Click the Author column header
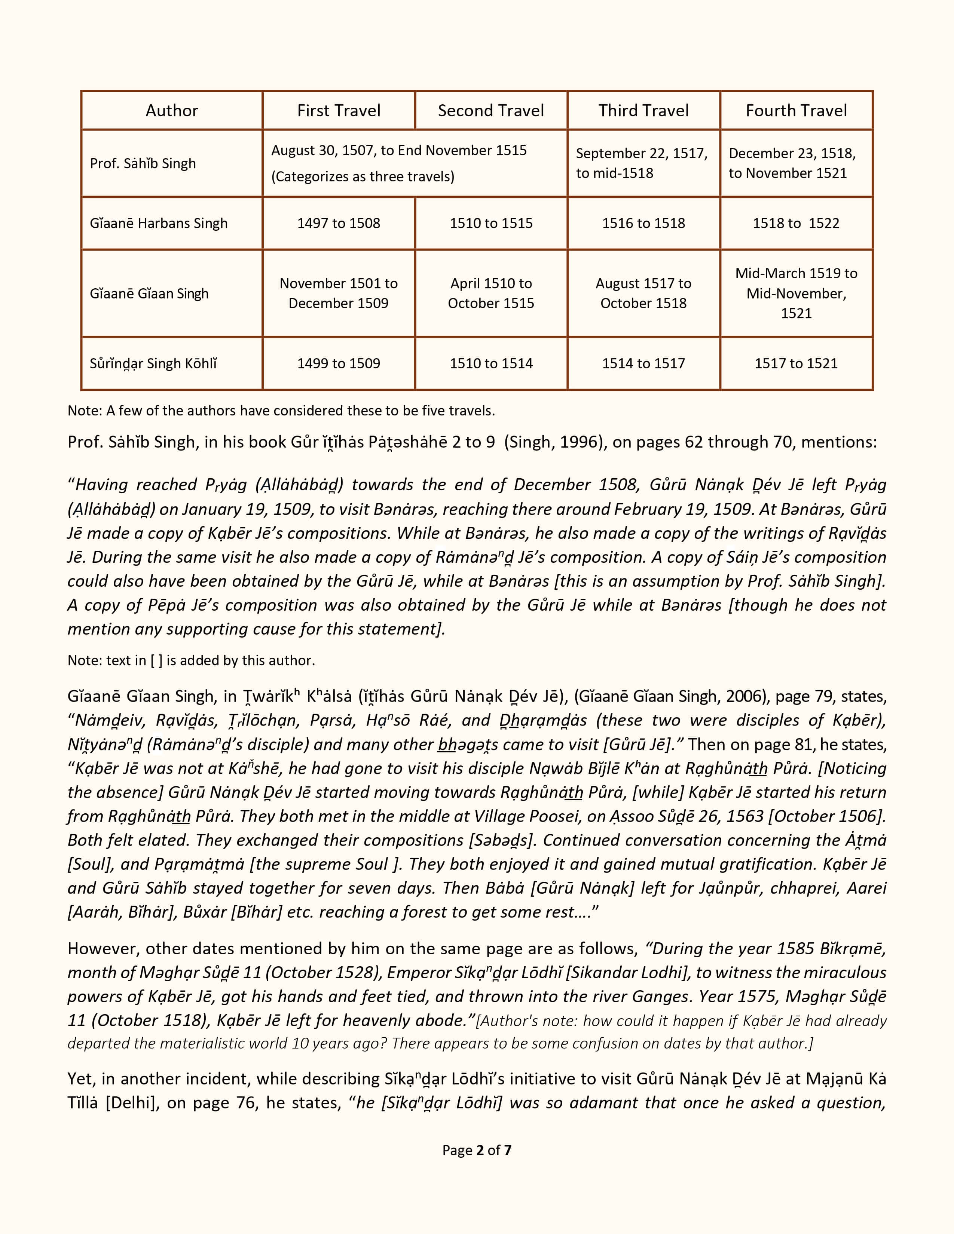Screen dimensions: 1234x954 (172, 110)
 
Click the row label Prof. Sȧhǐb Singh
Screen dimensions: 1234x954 (143, 163)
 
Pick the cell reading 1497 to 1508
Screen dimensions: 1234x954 (339, 223)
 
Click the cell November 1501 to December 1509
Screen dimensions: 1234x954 (339, 293)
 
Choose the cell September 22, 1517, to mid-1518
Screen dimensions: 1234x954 (642, 163)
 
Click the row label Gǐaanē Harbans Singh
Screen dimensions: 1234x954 (159, 223)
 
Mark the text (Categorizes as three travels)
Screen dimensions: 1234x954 (363, 176)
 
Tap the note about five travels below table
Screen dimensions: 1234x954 (281, 411)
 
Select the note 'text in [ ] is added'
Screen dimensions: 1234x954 (191, 660)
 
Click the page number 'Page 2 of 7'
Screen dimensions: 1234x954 (476, 1150)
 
